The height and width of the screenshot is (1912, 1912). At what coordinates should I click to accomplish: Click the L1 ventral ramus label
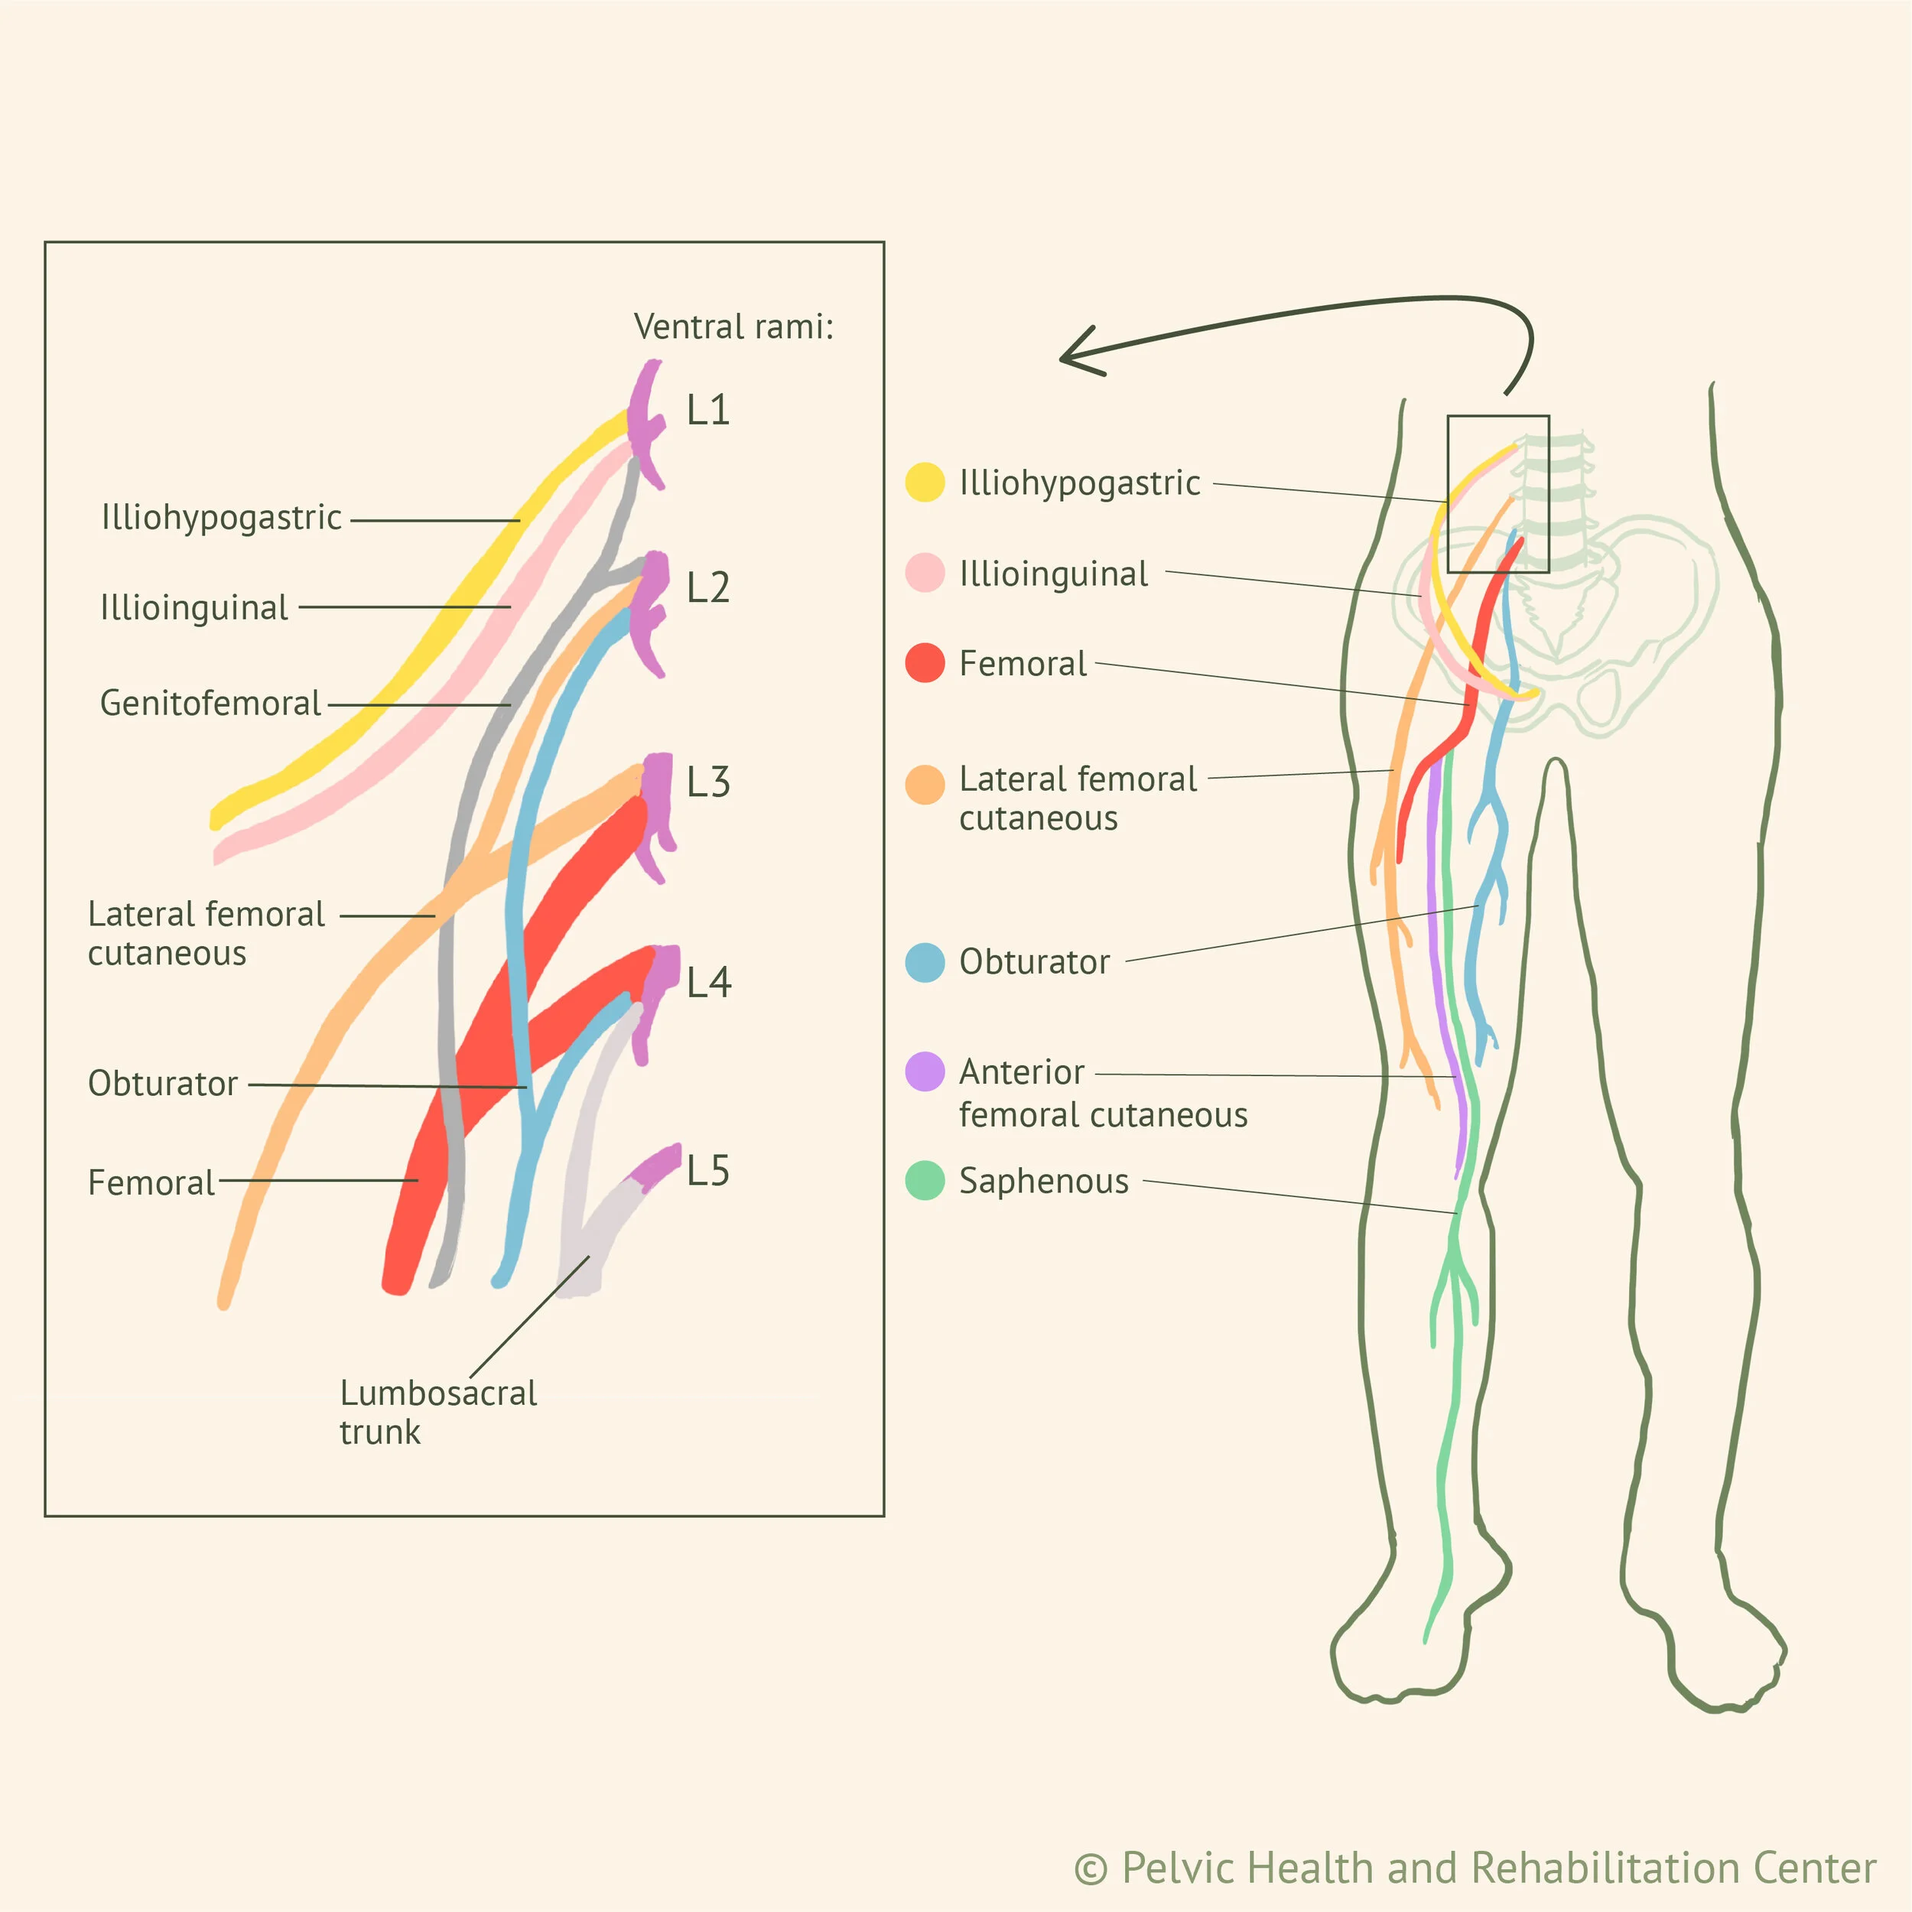[709, 410]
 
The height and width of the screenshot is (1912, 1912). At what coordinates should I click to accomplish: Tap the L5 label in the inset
[709, 1171]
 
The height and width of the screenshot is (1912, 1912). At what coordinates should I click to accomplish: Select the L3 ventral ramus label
[709, 782]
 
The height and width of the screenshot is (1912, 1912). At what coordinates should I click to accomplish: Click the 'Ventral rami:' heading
[733, 327]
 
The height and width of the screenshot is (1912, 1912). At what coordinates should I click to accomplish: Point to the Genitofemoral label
[211, 703]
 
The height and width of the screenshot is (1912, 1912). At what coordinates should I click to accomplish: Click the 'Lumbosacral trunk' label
[437, 1413]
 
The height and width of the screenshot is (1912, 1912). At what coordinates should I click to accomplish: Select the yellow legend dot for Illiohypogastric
[925, 482]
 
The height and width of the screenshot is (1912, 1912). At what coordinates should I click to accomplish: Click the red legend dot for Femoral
[925, 663]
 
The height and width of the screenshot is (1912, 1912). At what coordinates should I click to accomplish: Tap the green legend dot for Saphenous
[925, 1181]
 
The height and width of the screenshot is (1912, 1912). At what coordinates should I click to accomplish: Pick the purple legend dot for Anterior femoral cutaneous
[925, 1071]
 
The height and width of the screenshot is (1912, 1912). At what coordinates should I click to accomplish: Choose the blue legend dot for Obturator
[925, 962]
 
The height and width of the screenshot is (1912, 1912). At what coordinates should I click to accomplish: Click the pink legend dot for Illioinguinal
[925, 573]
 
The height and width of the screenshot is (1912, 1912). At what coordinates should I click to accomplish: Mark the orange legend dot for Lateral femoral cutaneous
[925, 784]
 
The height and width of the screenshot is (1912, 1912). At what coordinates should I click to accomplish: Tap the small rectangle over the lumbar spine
[1497, 494]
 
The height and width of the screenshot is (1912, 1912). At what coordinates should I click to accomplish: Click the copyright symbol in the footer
[1091, 1868]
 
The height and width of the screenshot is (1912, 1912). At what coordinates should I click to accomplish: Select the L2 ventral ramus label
[709, 588]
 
